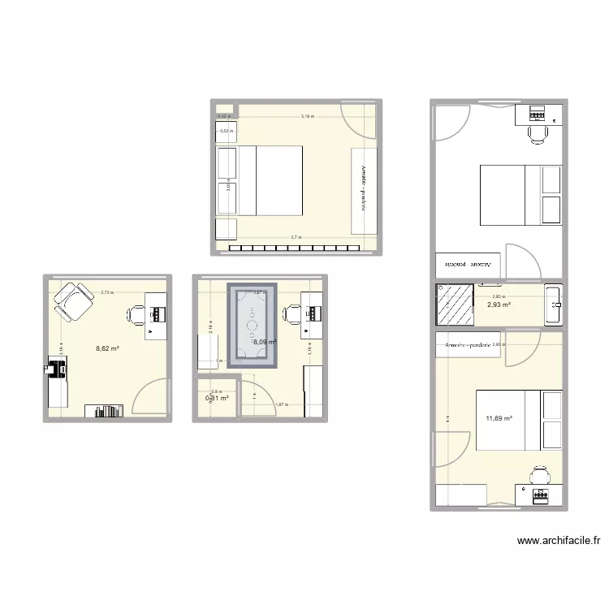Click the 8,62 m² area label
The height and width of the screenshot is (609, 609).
[x=107, y=348]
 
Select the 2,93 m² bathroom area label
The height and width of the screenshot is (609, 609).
[x=499, y=305]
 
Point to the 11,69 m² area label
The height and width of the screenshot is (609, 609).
[x=499, y=418]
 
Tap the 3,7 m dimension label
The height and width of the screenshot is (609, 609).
[x=296, y=238]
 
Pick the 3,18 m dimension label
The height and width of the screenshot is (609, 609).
[x=308, y=117]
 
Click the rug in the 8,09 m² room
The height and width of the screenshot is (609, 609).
[x=252, y=325]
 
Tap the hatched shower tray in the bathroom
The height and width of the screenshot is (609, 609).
[x=455, y=304]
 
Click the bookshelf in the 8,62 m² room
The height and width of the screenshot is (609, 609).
[x=110, y=411]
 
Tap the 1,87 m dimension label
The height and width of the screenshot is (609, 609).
[x=281, y=404]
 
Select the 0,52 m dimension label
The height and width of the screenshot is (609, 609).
[x=226, y=130]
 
